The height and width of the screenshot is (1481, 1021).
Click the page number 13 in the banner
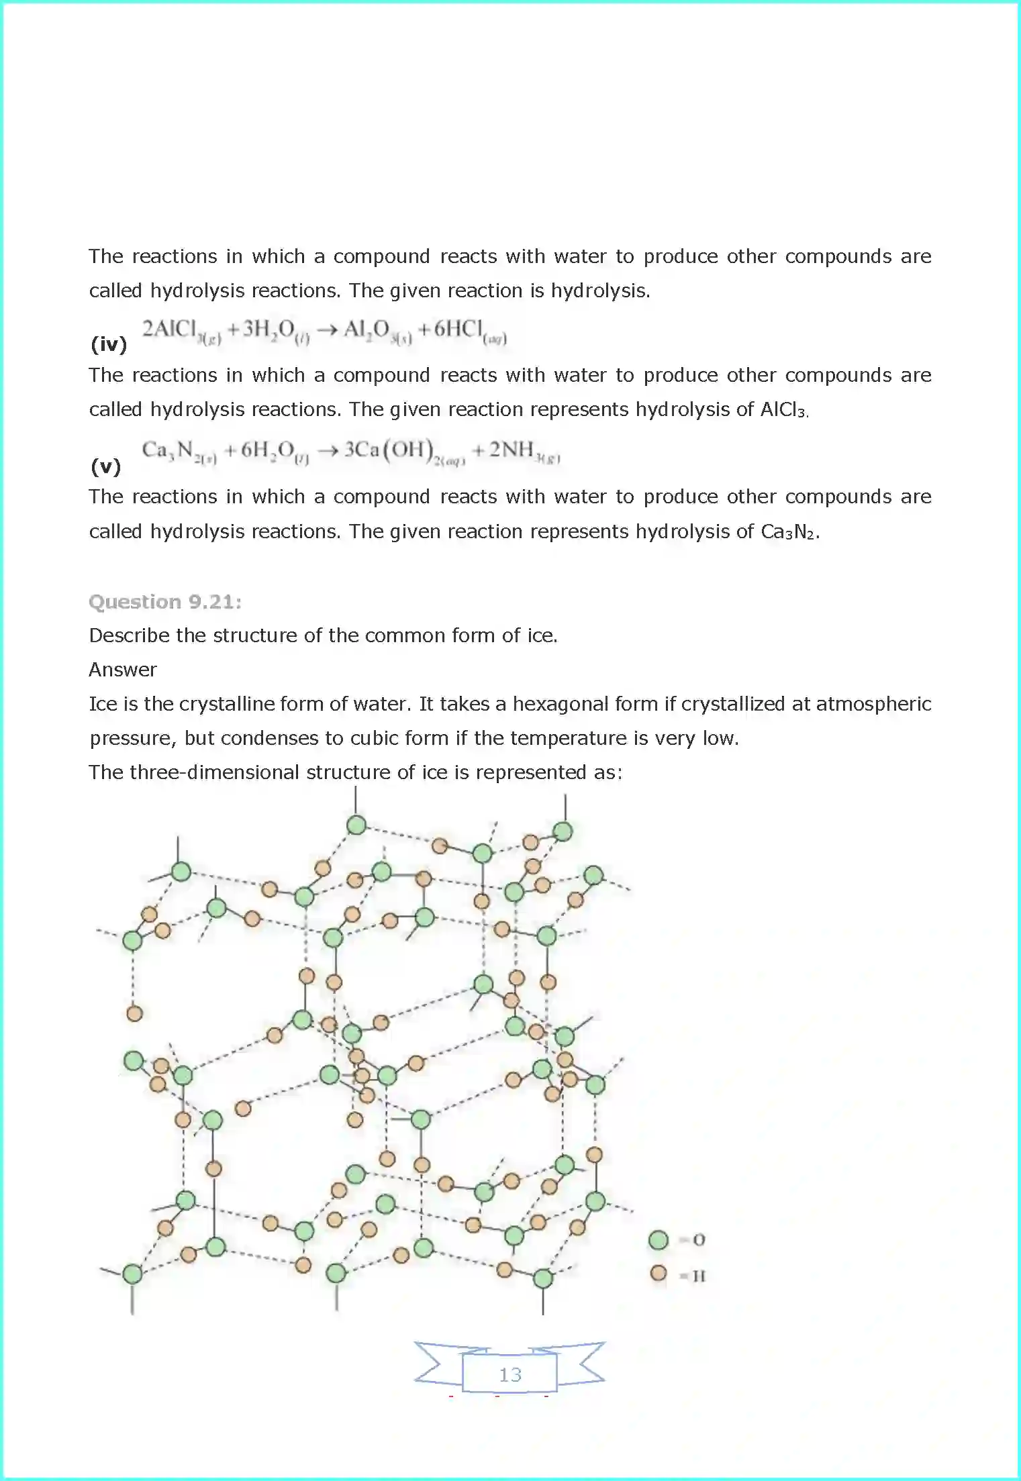[509, 1375]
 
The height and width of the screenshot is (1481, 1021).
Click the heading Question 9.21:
[165, 601]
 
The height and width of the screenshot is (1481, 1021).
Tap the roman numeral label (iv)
[108, 344]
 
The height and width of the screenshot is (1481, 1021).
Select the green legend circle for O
[658, 1240]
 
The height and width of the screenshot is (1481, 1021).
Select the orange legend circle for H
[658, 1273]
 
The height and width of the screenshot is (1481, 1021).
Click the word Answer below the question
[123, 669]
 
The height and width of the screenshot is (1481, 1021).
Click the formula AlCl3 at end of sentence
[783, 409]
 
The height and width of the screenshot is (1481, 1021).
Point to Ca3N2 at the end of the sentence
[789, 532]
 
